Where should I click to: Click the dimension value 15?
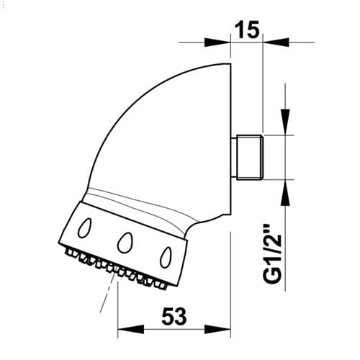point(247,30)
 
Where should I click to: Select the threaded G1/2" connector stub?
point(250,158)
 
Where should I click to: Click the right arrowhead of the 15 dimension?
point(276,42)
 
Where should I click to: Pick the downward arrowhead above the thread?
point(285,122)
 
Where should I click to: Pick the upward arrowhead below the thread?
point(285,192)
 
